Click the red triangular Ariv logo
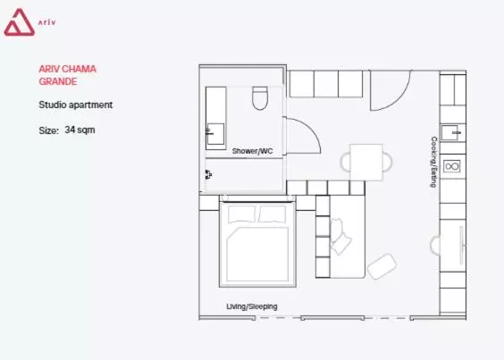(18, 23)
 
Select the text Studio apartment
(75, 105)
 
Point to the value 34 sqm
(80, 130)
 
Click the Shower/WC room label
(252, 152)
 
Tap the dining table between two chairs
(366, 161)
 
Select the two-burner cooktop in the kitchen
(452, 166)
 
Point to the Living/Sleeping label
(251, 306)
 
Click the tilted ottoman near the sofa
(382, 265)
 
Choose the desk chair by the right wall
(437, 245)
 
